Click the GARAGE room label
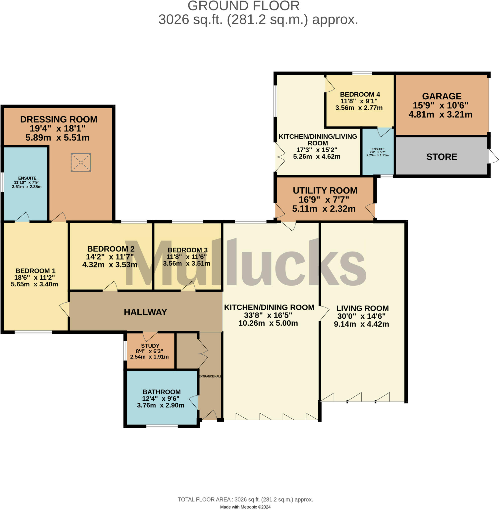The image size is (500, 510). tap(442, 96)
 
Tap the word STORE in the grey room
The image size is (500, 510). tap(442, 157)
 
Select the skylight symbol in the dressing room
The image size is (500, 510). tap(81, 162)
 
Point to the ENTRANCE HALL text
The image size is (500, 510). tap(210, 376)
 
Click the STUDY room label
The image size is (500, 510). tap(150, 346)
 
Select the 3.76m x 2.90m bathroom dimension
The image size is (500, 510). tap(161, 405)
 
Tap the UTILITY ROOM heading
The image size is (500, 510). tap(325, 190)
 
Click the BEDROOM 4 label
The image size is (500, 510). tap(360, 94)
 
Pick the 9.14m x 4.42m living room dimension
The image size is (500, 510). tap(361, 324)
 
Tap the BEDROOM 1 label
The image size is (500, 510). tap(35, 271)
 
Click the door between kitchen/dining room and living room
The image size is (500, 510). tap(324, 313)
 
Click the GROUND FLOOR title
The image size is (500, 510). tap(243, 6)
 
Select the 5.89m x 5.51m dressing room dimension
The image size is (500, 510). tap(57, 137)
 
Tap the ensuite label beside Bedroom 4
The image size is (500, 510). tap(378, 149)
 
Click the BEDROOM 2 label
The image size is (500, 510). tap(111, 249)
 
